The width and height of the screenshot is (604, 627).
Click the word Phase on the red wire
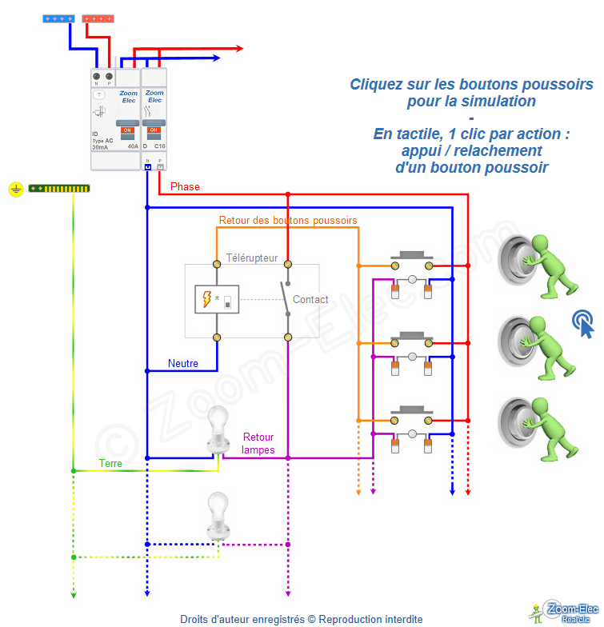click(185, 187)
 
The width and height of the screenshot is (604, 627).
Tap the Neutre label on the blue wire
click(183, 363)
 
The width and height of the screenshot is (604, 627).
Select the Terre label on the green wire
click(111, 463)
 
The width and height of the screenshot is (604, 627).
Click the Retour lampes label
click(258, 444)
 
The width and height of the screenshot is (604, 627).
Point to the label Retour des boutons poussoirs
click(288, 220)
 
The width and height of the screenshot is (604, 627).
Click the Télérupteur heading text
click(252, 258)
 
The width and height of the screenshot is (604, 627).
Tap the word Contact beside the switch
click(310, 300)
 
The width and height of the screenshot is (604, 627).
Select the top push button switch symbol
click(412, 264)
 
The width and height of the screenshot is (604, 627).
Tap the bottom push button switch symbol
click(412, 418)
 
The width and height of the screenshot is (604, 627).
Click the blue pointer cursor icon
click(584, 324)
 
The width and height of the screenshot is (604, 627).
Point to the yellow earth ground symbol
click(15, 189)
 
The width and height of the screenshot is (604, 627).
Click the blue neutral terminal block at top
click(60, 18)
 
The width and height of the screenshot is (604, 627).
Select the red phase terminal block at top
click(98, 18)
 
